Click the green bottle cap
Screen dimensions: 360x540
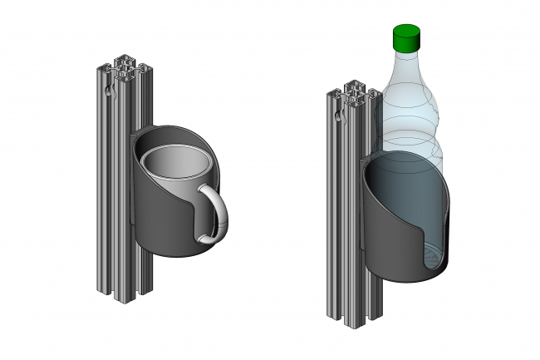pyautogui.click(x=406, y=37)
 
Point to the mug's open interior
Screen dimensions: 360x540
pyautogui.click(x=175, y=164)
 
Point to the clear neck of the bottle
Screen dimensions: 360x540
pyautogui.click(x=406, y=62)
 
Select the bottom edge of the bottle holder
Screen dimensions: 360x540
pyautogui.click(x=407, y=279)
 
